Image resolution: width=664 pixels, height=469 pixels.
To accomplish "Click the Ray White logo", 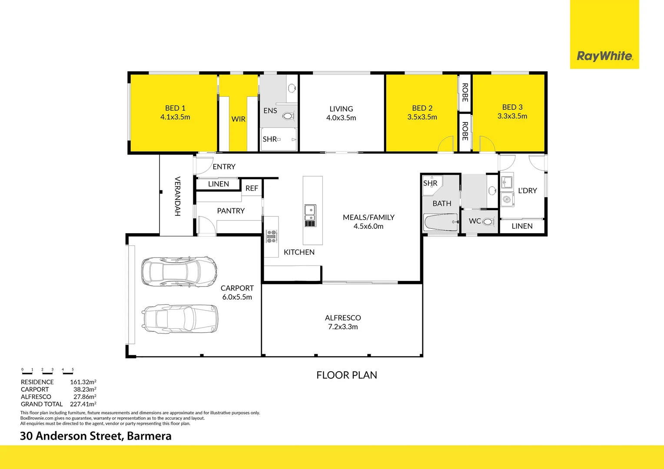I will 604,56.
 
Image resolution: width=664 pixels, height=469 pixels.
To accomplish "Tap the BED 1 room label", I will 175,108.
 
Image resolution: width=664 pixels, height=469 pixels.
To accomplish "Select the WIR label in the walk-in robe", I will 238,119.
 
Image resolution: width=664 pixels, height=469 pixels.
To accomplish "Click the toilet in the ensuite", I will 288,116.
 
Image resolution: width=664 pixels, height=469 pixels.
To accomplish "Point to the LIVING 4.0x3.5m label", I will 341,113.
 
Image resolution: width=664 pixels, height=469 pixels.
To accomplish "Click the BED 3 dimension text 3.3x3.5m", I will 512,116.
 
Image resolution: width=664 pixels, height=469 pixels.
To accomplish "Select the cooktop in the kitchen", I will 272,236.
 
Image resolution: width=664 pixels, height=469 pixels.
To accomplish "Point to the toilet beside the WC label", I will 488,221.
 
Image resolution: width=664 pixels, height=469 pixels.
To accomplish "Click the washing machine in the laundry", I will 507,199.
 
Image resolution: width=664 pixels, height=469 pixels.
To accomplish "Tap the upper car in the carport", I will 179,271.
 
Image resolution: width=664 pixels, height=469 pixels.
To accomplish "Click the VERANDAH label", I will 177,196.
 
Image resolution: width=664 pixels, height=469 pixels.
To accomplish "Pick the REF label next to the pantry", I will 252,188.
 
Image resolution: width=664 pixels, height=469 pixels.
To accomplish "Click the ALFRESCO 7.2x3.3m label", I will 343,322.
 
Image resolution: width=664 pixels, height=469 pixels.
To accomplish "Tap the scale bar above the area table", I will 48,372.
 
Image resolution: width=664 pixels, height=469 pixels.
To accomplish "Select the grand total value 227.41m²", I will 83,404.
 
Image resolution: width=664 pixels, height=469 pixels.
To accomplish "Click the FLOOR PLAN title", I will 347,375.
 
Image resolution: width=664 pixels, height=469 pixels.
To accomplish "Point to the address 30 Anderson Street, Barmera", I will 96,436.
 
